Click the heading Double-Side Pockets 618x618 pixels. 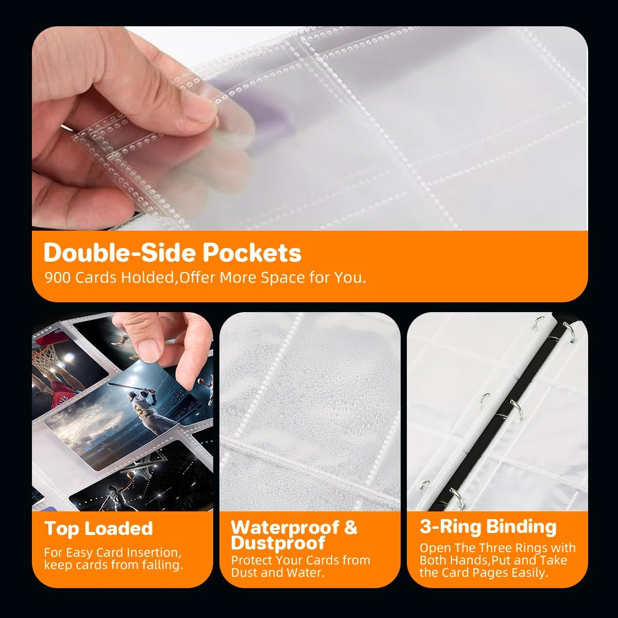point(173,253)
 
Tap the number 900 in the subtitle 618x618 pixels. point(57,278)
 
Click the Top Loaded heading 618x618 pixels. point(98,528)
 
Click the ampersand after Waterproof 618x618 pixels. point(350,527)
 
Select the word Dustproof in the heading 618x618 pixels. point(278,543)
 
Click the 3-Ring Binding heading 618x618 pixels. point(488,527)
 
